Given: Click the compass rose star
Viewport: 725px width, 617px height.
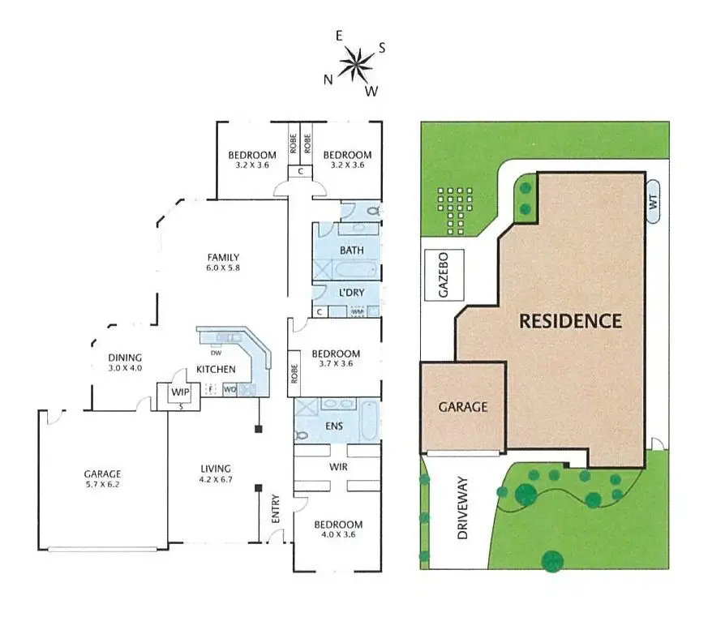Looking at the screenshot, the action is pos(354,63).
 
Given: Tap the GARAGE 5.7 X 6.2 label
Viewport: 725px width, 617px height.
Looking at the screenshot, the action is pos(102,479).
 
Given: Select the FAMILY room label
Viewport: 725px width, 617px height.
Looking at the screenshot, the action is pos(223,263).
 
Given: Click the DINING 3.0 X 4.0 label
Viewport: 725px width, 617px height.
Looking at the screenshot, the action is pos(125,362).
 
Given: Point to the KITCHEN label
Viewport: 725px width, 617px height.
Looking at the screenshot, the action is pos(215,370).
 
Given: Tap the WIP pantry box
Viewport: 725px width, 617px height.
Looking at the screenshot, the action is pos(178,392).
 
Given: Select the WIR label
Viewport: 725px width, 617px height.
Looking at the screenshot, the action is pos(338,468).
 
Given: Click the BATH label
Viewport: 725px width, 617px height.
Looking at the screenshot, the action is pos(352,250).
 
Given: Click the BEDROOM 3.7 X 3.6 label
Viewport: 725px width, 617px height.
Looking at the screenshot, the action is pos(336,359).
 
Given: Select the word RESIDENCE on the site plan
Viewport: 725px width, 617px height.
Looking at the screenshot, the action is pos(570,320).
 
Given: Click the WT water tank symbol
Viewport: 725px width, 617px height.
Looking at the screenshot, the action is pos(653,204).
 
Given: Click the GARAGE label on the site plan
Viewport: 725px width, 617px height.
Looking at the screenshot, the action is pos(463,406).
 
